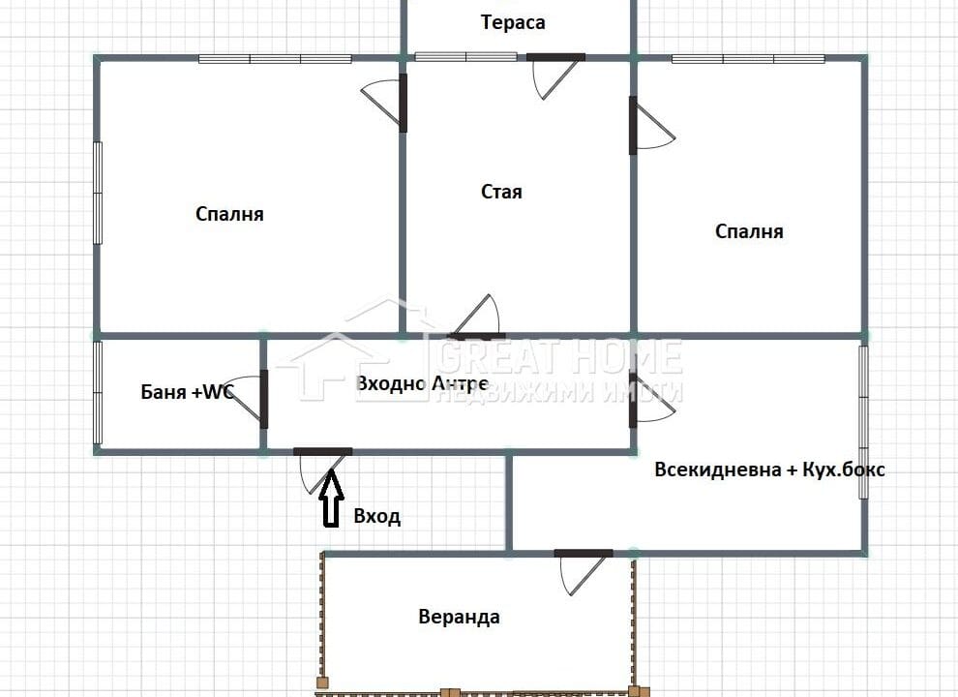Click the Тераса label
(513, 22)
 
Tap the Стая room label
(501, 192)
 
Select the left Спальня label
(229, 214)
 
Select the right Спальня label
(749, 231)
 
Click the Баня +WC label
(188, 391)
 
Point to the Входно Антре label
(422, 383)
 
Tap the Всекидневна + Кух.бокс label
(770, 470)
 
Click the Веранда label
(459, 617)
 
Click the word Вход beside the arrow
(377, 517)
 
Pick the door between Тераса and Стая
(555, 76)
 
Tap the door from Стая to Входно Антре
(477, 318)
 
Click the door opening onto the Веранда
(584, 572)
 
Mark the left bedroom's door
(384, 102)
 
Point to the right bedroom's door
(652, 125)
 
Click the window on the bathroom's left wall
(98, 392)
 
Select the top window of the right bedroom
(748, 59)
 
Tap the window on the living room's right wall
(863, 422)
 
